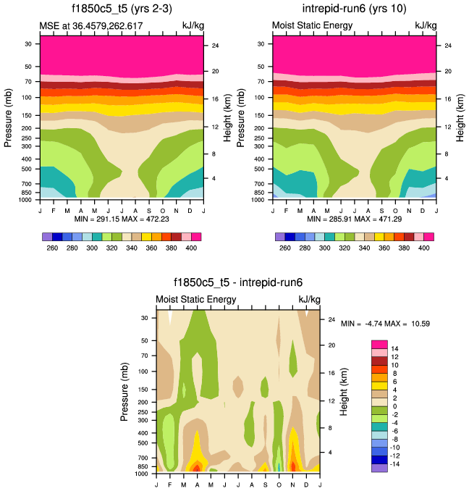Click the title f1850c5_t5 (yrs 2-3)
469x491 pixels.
pos(121,10)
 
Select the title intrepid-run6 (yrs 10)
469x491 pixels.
pos(355,10)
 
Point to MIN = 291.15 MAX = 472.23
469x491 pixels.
pos(121,218)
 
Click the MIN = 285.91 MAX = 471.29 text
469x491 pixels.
pos(355,218)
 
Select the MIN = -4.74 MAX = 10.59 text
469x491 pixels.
pos(385,323)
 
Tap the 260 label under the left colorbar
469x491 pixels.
pos(51,248)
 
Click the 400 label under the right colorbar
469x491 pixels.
pos(425,248)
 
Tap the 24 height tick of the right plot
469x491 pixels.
pos(448,46)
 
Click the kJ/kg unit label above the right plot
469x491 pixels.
pos(426,25)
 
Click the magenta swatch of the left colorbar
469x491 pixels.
pos(196,237)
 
